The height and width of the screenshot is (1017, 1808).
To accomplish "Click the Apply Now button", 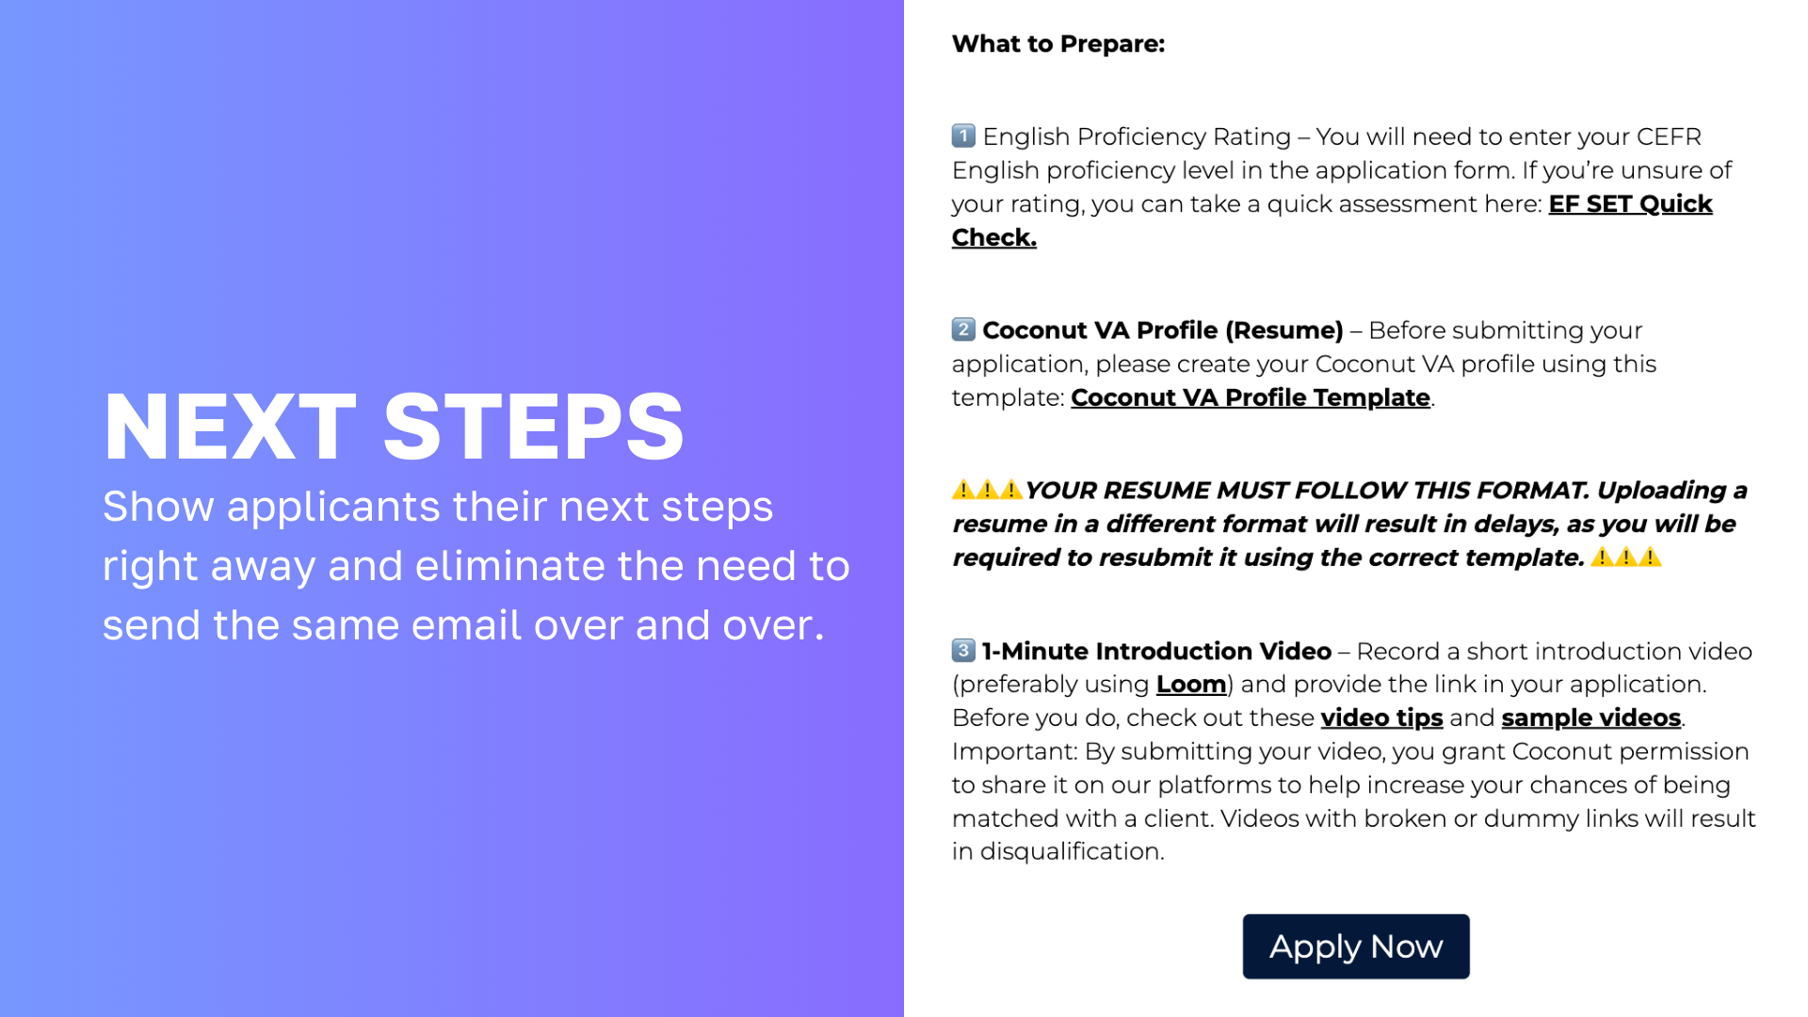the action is [1356, 946].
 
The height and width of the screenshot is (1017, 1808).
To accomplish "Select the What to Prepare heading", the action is [1058, 44].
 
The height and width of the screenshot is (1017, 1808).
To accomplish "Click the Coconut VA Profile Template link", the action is [1251, 397].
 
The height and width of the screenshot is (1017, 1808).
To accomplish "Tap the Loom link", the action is [1191, 685].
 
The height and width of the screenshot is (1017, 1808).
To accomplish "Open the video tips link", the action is [1381, 718].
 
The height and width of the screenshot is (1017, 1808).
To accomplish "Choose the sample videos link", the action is [1591, 718].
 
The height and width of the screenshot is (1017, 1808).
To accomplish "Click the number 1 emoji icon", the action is [963, 136].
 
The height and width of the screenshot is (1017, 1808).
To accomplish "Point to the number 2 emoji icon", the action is [963, 330].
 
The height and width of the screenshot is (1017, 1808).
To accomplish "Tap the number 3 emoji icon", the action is [963, 650].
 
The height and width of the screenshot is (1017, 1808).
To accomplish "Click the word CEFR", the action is [1669, 137].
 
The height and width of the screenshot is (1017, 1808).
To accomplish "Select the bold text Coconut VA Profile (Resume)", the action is [1163, 331].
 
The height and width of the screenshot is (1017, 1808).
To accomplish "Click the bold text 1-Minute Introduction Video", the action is [1156, 652].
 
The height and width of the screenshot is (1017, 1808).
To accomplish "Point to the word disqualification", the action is [1072, 851].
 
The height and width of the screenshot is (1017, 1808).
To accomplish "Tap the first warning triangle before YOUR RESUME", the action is [963, 490].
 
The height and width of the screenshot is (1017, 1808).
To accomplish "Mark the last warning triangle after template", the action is [1650, 557].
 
